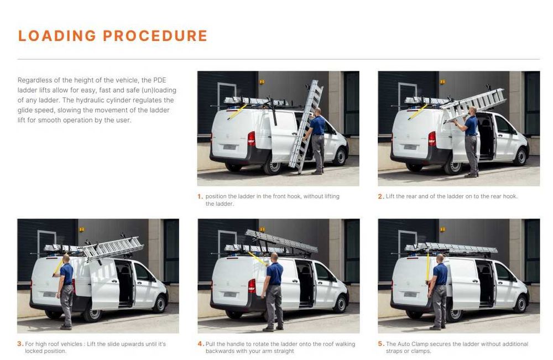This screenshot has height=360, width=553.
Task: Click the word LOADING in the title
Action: click(x=57, y=35)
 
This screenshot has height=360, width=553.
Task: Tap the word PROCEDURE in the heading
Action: click(x=155, y=35)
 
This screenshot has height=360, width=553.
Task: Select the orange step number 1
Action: click(x=200, y=196)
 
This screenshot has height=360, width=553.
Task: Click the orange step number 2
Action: click(x=380, y=196)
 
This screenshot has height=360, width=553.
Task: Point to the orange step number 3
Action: click(x=20, y=344)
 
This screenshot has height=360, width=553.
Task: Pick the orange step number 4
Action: click(x=201, y=344)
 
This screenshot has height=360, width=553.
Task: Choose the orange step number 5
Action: click(x=381, y=344)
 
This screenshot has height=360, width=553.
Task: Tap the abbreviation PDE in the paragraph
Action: click(x=159, y=80)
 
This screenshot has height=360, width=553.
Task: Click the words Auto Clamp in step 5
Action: click(x=412, y=344)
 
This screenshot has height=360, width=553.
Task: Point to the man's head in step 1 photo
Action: click(x=317, y=111)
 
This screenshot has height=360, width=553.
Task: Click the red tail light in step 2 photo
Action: click(x=432, y=139)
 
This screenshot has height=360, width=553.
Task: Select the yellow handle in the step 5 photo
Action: click(x=428, y=267)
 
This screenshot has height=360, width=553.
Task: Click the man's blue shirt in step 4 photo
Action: click(x=274, y=273)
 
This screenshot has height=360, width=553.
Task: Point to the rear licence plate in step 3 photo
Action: click(x=50, y=294)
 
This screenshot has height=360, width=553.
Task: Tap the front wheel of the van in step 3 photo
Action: click(x=160, y=304)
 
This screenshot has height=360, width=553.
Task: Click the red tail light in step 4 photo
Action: click(x=252, y=286)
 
